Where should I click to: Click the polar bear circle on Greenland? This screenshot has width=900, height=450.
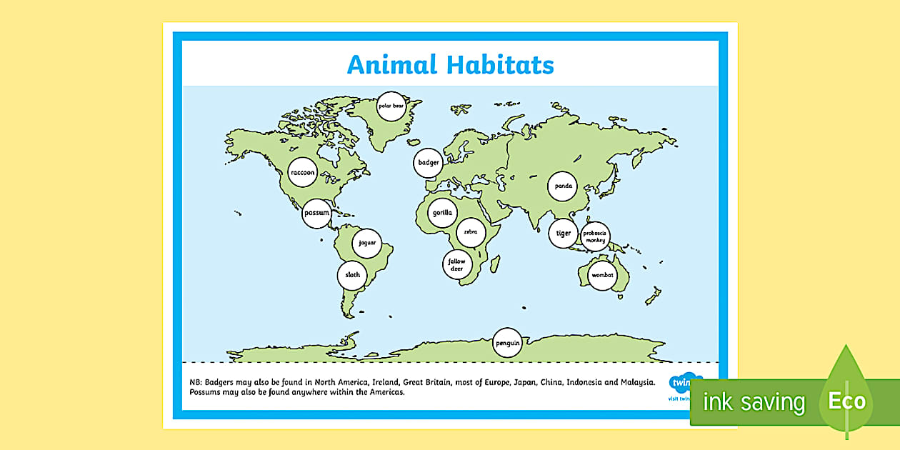(391, 106)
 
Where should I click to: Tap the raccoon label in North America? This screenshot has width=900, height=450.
(302, 173)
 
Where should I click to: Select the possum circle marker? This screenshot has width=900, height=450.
(316, 214)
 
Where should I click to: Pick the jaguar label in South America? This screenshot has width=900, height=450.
(367, 243)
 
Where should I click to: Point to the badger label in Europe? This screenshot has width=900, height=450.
(429, 163)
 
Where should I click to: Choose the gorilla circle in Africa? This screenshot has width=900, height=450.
(442, 213)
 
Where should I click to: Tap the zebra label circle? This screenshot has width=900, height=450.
(470, 232)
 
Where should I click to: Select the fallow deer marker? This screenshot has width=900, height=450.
(456, 265)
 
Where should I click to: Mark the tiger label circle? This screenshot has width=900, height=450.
(564, 233)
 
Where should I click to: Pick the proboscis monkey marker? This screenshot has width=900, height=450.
(595, 236)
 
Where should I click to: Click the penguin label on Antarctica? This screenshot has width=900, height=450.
(507, 344)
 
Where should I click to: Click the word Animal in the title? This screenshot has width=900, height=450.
(391, 65)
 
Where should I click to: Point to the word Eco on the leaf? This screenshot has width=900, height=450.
(847, 401)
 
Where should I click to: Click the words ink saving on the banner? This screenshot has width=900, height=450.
(754, 402)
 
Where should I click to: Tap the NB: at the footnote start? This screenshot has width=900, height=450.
(196, 382)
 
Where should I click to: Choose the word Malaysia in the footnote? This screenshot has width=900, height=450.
(637, 382)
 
